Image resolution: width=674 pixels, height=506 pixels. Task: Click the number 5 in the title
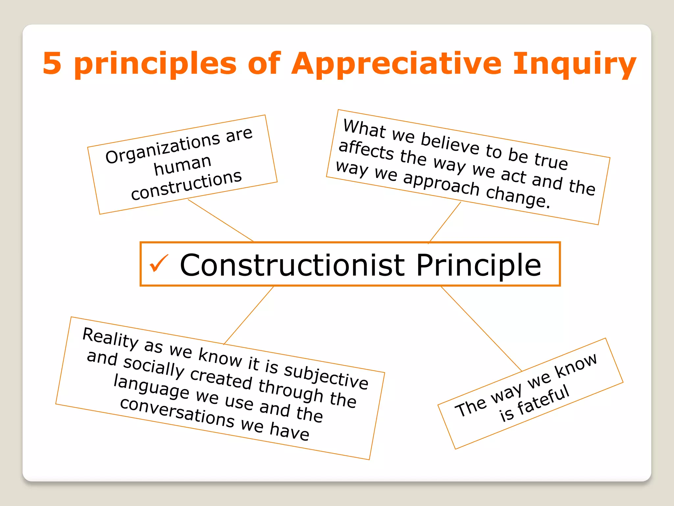click(52, 63)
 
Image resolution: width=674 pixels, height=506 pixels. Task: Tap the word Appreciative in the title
click(396, 64)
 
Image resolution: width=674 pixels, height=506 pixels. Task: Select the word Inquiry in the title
click(574, 64)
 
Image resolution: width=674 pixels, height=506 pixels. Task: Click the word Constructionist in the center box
click(292, 265)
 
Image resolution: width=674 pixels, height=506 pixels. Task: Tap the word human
click(183, 165)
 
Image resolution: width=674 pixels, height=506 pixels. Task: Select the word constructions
click(186, 186)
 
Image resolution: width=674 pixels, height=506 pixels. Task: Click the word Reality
click(110, 338)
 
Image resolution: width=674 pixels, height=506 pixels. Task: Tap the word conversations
click(177, 412)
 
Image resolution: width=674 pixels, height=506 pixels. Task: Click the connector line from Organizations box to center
click(220, 220)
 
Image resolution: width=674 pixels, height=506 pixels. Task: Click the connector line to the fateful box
click(481, 328)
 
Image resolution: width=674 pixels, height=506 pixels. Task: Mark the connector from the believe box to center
click(445, 222)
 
